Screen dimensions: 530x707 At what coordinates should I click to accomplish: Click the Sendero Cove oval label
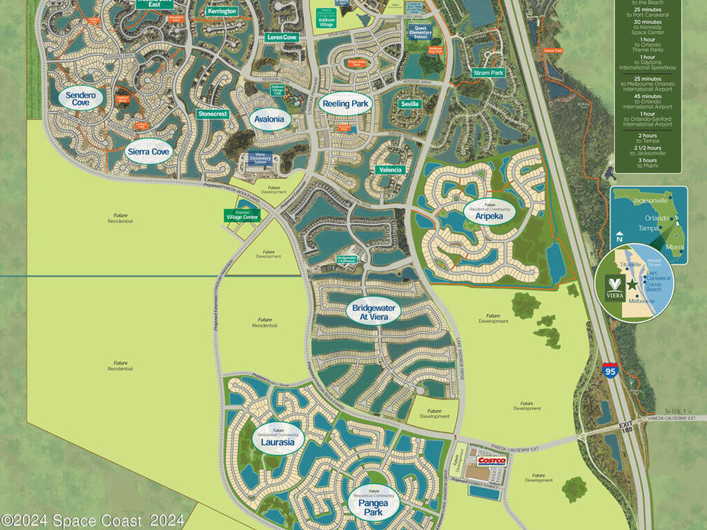click(x=81, y=98)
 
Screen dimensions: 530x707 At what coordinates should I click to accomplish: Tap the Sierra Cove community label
click(x=148, y=152)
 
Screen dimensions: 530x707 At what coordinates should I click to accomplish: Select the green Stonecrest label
click(x=213, y=114)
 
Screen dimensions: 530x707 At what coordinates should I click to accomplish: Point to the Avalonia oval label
click(x=269, y=119)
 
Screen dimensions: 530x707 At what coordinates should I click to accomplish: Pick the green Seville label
click(x=409, y=104)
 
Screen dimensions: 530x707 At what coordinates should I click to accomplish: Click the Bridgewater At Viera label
click(x=374, y=312)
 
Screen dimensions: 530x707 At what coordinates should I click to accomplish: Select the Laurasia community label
click(x=278, y=440)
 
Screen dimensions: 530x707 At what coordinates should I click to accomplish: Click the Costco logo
click(x=492, y=460)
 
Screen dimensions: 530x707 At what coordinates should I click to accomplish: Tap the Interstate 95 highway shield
click(x=610, y=369)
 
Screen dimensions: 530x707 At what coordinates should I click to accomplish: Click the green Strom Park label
click(x=488, y=72)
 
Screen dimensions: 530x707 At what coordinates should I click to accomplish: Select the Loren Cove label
click(x=282, y=37)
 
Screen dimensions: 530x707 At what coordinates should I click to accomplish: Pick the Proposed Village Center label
click(x=242, y=215)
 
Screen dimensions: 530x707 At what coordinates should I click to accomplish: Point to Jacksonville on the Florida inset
click(x=646, y=201)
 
